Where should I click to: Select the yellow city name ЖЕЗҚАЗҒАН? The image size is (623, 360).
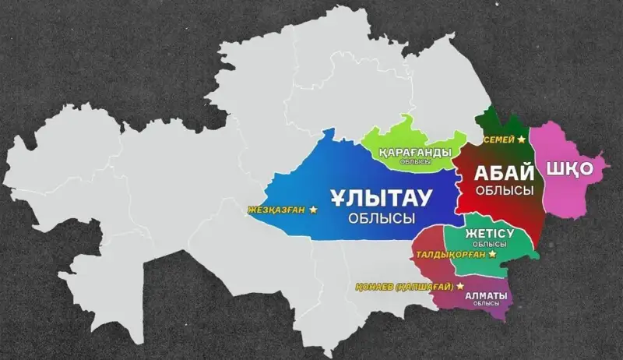tap(276, 210)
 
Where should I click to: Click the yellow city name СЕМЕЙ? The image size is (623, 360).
tap(498, 139)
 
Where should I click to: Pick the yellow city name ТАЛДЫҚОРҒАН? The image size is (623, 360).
tap(449, 254)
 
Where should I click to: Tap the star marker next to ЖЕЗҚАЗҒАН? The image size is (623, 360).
tap(313, 210)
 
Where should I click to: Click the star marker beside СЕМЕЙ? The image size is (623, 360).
tap(521, 139)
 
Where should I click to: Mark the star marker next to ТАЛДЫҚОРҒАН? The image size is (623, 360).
tap(492, 254)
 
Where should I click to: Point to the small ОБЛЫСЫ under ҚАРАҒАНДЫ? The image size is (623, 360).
tap(414, 161)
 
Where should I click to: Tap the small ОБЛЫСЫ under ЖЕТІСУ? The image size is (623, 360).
tap(489, 244)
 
